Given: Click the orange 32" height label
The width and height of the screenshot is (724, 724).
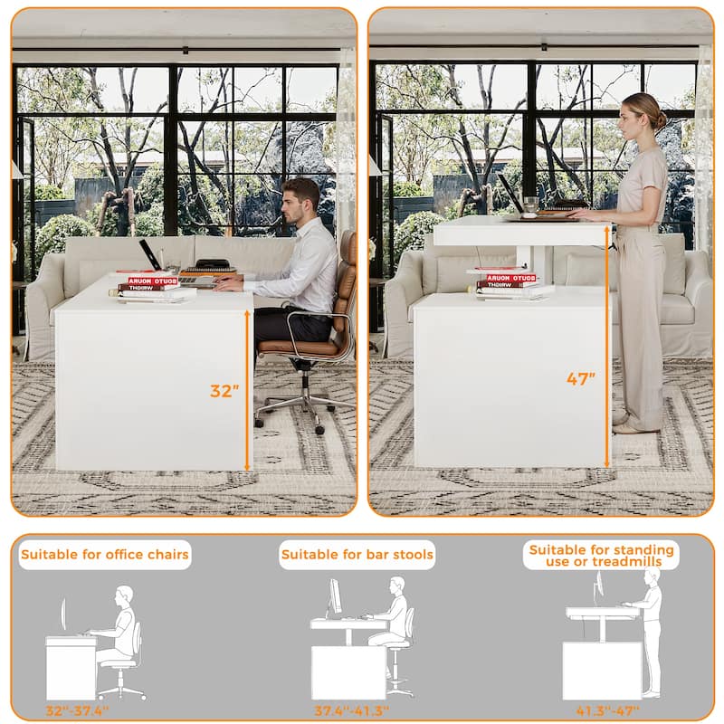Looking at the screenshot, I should click(224, 391).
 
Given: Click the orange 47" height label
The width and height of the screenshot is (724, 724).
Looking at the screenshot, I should click(581, 379).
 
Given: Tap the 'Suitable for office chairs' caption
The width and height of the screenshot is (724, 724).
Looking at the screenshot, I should click(105, 554).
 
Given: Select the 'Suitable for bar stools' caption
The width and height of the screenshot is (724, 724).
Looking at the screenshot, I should click(357, 554).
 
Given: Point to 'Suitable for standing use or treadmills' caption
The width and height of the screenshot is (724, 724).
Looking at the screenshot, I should click(601, 555).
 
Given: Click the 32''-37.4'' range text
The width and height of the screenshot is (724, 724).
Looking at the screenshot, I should click(78, 710).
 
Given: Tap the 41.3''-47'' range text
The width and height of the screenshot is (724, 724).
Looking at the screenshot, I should click(607, 710).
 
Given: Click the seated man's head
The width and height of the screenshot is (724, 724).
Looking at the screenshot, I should click(301, 198).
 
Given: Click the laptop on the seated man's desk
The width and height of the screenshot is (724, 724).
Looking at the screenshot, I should click(150, 255).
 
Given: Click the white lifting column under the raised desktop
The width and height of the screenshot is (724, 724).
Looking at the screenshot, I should click(543, 262).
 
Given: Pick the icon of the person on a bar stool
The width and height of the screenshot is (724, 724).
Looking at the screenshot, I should click(395, 624).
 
